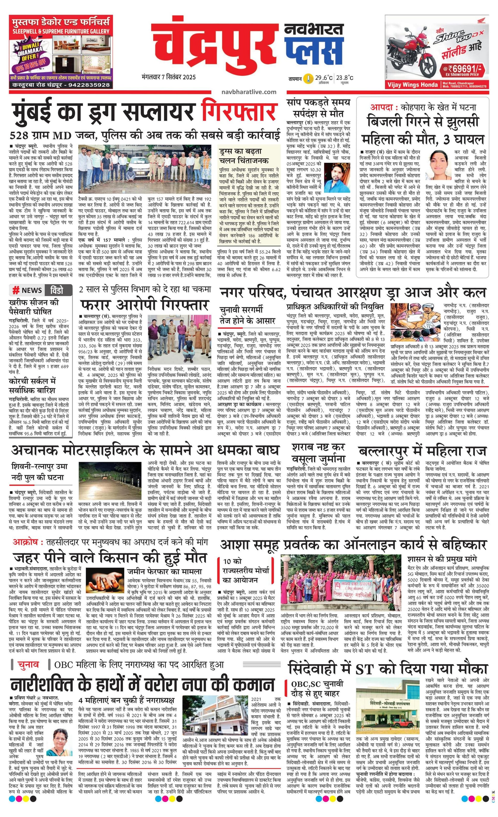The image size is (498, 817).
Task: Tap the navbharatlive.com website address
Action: click(x=249, y=92)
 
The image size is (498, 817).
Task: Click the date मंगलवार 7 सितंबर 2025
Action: click(x=168, y=77)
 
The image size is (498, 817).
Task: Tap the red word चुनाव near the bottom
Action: click(x=29, y=665)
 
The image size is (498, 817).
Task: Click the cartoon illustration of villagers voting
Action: click(x=415, y=321)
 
